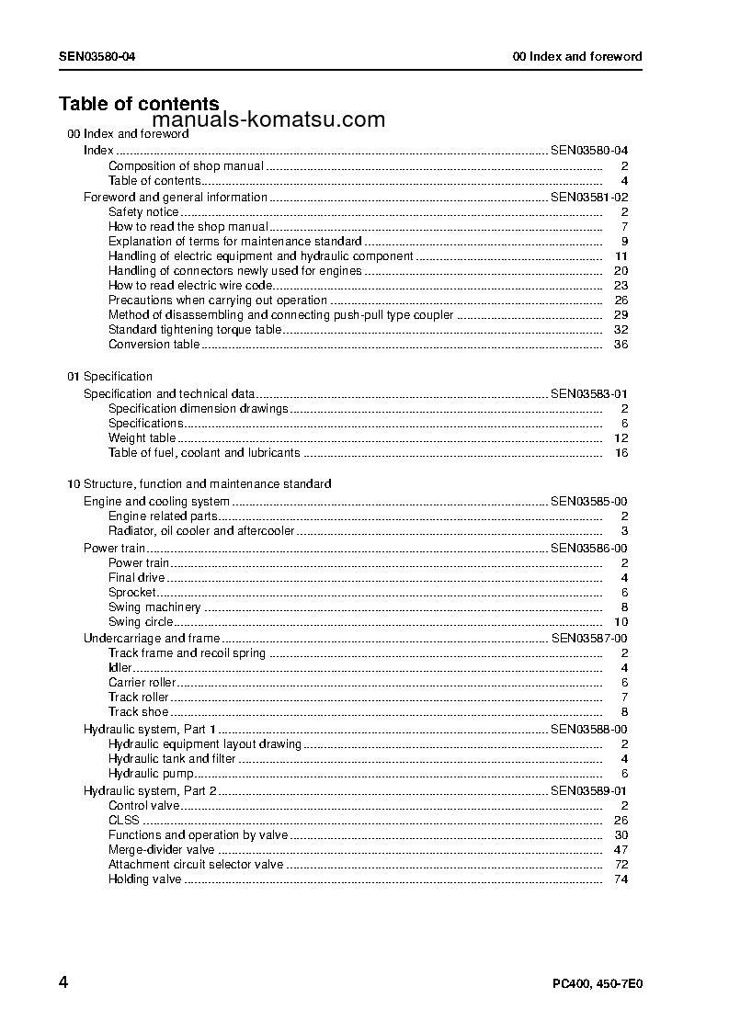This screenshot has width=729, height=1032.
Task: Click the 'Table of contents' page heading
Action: (139, 104)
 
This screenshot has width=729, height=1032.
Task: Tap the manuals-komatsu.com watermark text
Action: (268, 120)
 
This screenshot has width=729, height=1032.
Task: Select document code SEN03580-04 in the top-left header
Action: (98, 56)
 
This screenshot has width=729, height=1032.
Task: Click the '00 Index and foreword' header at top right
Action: (577, 56)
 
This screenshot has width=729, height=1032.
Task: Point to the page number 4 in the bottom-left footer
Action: (63, 981)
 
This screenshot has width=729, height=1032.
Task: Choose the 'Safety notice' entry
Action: (143, 212)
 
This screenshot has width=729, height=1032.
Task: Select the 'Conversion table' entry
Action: (154, 345)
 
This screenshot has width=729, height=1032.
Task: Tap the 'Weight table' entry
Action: (142, 438)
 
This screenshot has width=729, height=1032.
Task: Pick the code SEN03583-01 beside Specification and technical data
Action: (589, 394)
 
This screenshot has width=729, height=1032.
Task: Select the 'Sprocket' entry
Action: (132, 593)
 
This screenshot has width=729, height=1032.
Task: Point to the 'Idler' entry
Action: (120, 668)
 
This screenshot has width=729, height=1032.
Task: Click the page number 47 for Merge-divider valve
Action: (621, 850)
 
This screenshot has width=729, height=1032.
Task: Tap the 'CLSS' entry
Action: (124, 821)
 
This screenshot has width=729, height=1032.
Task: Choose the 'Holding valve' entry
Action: (145, 879)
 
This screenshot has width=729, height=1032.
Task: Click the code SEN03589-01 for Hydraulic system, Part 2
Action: (589, 790)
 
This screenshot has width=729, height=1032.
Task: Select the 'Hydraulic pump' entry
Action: (151, 774)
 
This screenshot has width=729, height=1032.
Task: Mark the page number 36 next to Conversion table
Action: (621, 345)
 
